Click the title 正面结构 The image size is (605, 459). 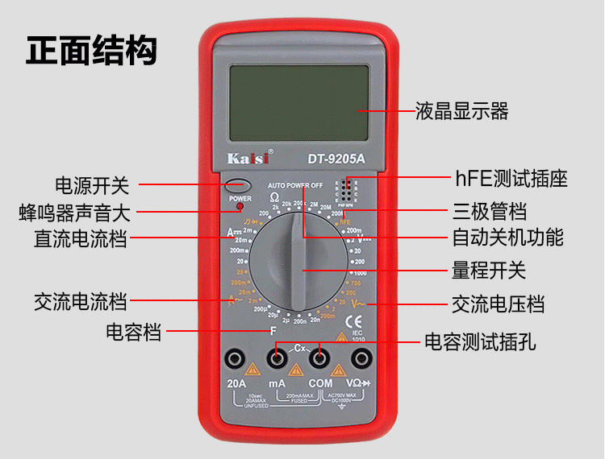click(x=91, y=50)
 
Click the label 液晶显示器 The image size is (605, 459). click(x=462, y=111)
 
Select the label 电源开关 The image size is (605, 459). click(x=91, y=185)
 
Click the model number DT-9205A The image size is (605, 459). click(x=336, y=158)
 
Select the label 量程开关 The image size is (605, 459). click(x=488, y=270)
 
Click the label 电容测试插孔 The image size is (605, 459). click(x=480, y=341)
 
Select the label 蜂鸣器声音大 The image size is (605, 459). click(x=74, y=213)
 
